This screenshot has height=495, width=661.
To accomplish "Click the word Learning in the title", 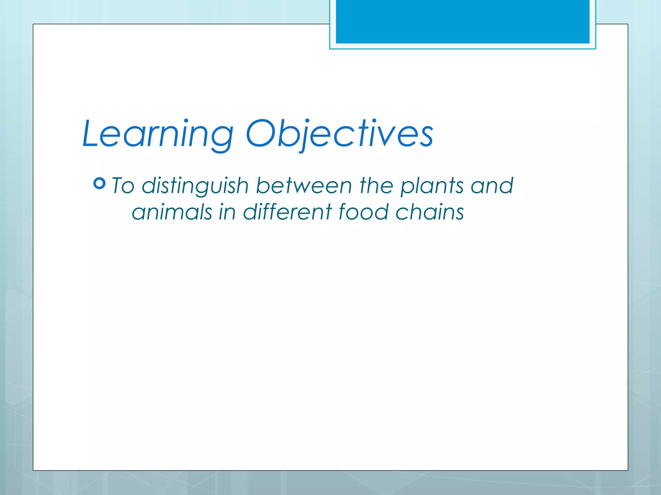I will tap(158, 134).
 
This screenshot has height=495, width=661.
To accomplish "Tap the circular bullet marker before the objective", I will tap(99, 183).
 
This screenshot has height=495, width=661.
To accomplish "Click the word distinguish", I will tap(195, 186).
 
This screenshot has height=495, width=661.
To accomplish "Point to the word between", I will tap(304, 186).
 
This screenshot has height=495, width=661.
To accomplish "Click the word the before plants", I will tap(376, 186).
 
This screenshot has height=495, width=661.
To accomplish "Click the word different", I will tap(287, 212).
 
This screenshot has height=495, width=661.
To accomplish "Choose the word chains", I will tap(430, 212).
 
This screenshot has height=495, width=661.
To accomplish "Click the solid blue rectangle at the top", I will tap(463, 21).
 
